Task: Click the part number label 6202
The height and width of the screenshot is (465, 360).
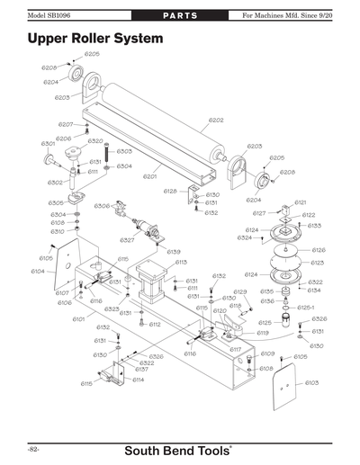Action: pyautogui.click(x=216, y=120)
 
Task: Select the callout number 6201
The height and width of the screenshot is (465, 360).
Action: pyautogui.click(x=149, y=176)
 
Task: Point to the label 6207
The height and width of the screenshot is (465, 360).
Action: pyautogui.click(x=66, y=123)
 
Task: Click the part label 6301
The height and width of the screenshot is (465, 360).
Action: pyautogui.click(x=49, y=143)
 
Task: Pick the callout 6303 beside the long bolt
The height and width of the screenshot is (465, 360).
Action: pyautogui.click(x=124, y=151)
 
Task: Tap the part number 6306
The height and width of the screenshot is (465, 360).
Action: pyautogui.click(x=102, y=206)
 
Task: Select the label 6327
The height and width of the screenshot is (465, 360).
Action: pyautogui.click(x=127, y=240)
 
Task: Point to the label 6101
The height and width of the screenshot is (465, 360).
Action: pyautogui.click(x=78, y=318)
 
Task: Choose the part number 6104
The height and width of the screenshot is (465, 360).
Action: pyautogui.click(x=38, y=271)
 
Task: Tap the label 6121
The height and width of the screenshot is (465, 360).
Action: pyautogui.click(x=301, y=202)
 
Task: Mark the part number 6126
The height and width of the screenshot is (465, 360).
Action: pyautogui.click(x=318, y=250)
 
